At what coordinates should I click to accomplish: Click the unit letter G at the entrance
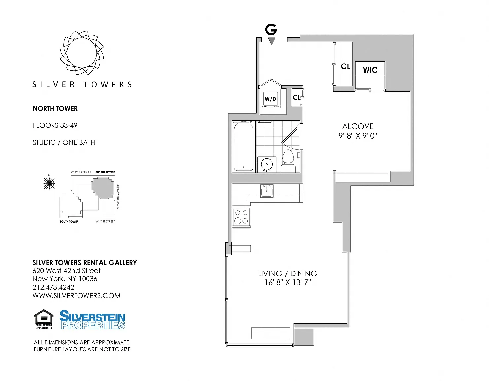coord(271,30)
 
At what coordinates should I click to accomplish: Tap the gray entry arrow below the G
coord(272,41)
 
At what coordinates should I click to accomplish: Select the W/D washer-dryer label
coord(270,99)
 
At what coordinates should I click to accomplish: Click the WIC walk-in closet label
coord(370,70)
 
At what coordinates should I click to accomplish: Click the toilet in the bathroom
coord(288,161)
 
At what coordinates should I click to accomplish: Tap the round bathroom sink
coord(267,164)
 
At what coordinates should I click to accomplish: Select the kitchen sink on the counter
coord(267,191)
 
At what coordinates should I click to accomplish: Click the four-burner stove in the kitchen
coord(241,217)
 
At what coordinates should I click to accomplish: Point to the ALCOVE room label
coord(358,126)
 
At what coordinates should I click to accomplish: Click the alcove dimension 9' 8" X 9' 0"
coord(358,136)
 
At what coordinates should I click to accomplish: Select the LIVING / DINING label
coord(287,273)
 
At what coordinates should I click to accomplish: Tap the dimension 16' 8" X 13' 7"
coord(288,282)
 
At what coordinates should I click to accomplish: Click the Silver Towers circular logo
coord(82,53)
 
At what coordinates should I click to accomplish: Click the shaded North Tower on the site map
coord(103,188)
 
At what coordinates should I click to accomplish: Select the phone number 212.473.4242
coord(53,287)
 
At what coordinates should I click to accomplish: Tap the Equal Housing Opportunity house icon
coord(44,319)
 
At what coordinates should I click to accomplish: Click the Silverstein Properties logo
coord(92,320)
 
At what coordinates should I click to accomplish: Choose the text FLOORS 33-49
coord(55,125)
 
